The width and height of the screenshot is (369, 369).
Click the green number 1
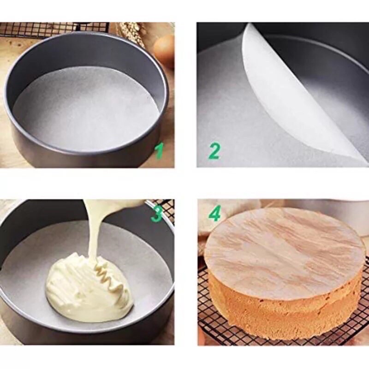pyautogui.click(x=159, y=150)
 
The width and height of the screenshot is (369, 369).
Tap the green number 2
pyautogui.click(x=214, y=150)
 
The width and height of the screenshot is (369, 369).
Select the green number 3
pyautogui.click(x=157, y=213)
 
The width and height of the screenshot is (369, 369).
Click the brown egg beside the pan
pyautogui.click(x=165, y=51)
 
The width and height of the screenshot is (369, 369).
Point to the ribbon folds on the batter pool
pyautogui.click(x=108, y=277)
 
